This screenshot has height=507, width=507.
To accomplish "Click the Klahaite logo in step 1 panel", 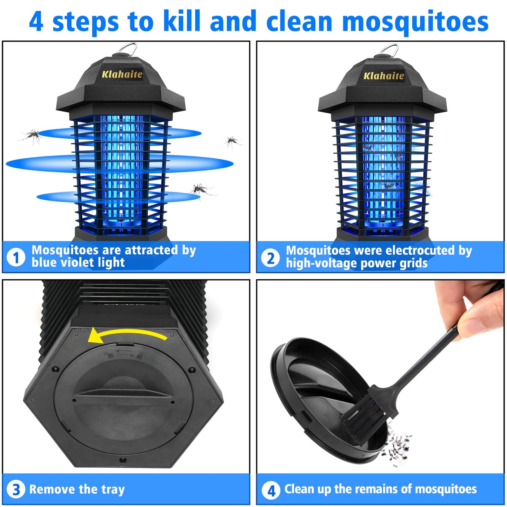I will coord(122,74).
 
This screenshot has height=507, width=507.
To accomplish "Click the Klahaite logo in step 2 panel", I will coord(383,76).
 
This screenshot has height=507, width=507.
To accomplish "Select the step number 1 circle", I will coord(16,258).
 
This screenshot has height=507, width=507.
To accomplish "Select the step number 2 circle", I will coord(270,259).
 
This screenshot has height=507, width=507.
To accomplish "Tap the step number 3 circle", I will coord(16,489).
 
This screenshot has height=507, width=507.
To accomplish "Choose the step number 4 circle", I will coord(271,490).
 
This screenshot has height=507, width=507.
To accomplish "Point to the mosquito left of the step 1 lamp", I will coord(32,136).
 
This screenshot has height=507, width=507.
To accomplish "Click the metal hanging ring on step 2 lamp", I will coord(389,50).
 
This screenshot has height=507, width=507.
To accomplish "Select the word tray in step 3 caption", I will coord(113,489).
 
